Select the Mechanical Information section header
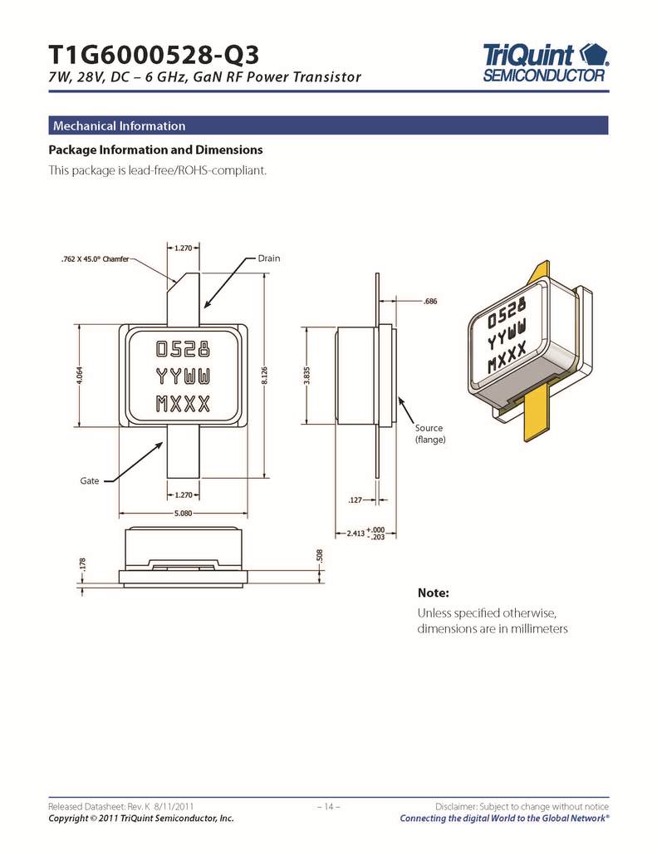coord(119,126)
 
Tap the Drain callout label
coord(269,258)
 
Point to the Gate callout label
coord(90,481)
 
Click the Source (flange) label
coord(429,433)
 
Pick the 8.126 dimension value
coord(264,376)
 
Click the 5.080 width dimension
coord(183,513)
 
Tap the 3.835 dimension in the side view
coord(306,375)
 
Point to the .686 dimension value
coord(429,301)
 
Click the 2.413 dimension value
coord(355,533)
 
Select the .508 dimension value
coord(319,554)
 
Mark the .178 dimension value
coord(81,563)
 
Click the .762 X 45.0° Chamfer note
coord(94,260)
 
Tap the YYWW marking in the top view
coord(183,376)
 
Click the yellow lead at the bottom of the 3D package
coord(534,414)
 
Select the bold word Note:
coord(432,593)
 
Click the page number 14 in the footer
coord(328,807)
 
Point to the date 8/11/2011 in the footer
coord(174,807)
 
